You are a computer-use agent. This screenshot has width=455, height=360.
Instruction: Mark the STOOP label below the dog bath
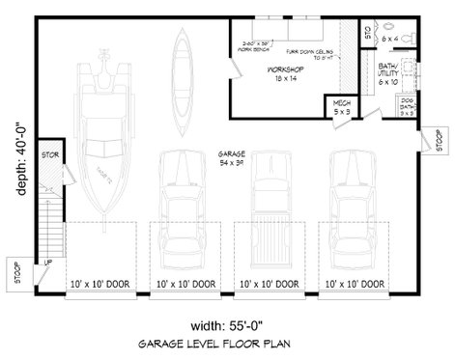(x=427, y=144)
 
